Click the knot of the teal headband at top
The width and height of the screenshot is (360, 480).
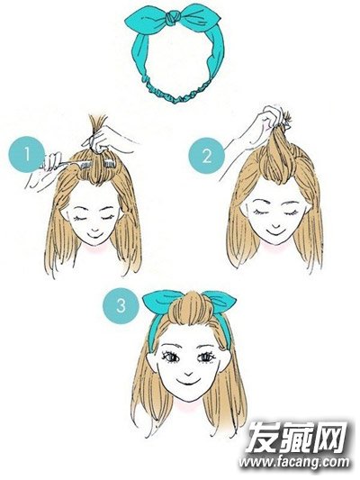point(174,17)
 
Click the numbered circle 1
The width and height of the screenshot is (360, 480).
point(27,154)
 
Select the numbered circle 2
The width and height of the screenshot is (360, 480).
point(206,156)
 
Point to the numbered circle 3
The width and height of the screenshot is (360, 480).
point(121,305)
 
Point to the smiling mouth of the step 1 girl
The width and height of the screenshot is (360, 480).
point(95,233)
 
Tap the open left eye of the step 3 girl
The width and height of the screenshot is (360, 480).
point(170,357)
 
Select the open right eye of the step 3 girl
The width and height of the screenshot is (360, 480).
point(206,357)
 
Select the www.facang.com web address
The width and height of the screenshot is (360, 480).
point(294,462)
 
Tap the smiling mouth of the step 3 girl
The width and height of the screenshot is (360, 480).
point(188,382)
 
